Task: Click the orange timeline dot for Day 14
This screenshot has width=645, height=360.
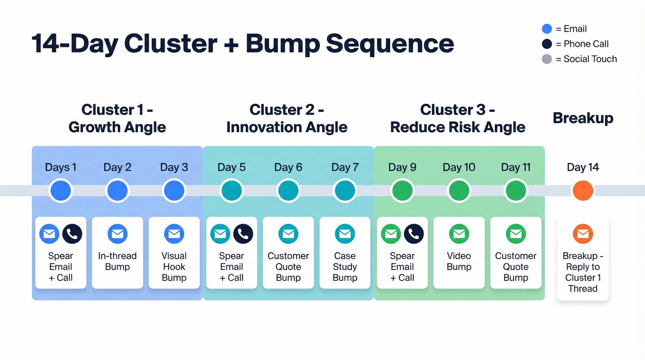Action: click(x=583, y=190)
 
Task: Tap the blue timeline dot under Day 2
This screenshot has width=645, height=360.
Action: click(x=117, y=190)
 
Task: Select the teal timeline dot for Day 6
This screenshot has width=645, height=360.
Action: click(x=288, y=190)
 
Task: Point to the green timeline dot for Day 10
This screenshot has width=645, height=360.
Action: click(x=459, y=190)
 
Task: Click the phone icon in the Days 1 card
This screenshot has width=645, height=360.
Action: click(x=72, y=234)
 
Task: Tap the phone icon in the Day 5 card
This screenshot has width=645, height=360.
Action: click(x=243, y=234)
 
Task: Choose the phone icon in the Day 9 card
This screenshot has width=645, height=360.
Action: click(x=414, y=234)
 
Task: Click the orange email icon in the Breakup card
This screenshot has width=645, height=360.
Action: click(x=583, y=234)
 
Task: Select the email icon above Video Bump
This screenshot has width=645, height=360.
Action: click(x=459, y=234)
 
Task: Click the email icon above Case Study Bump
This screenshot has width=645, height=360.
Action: click(x=345, y=234)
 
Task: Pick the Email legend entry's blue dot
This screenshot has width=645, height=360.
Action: click(x=547, y=29)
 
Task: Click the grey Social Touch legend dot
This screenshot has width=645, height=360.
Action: click(x=547, y=59)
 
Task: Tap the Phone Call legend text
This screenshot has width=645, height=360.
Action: click(x=586, y=44)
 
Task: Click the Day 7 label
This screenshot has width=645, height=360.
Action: click(x=345, y=167)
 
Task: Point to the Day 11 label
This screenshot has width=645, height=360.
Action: click(x=516, y=167)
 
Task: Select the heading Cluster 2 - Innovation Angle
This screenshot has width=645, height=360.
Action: click(x=287, y=118)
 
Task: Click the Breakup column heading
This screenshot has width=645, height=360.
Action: click(x=583, y=118)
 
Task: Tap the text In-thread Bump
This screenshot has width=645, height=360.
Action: click(x=117, y=261)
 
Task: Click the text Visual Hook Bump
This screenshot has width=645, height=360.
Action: click(x=174, y=267)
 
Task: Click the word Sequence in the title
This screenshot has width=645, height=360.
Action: click(x=390, y=44)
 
